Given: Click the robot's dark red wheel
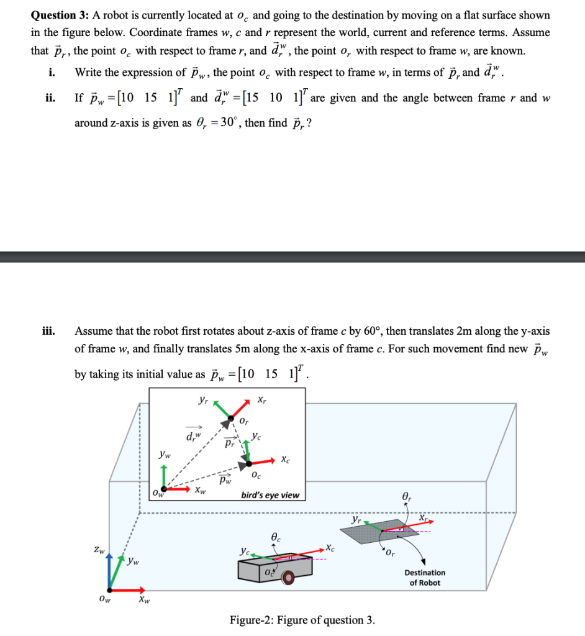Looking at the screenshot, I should (x=288, y=578).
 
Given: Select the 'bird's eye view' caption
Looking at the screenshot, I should (x=270, y=495).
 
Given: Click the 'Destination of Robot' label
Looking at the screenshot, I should (x=425, y=578).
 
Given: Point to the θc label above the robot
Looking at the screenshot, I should (x=276, y=535).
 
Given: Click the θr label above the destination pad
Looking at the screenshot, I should (x=407, y=496).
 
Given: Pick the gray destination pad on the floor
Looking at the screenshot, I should (x=391, y=532).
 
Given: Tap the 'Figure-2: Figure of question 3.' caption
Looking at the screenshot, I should (x=302, y=620).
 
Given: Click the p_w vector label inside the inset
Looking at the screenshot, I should (x=224, y=480).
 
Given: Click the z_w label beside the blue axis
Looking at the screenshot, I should (x=97, y=550).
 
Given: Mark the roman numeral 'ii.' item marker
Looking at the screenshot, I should (x=48, y=98).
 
